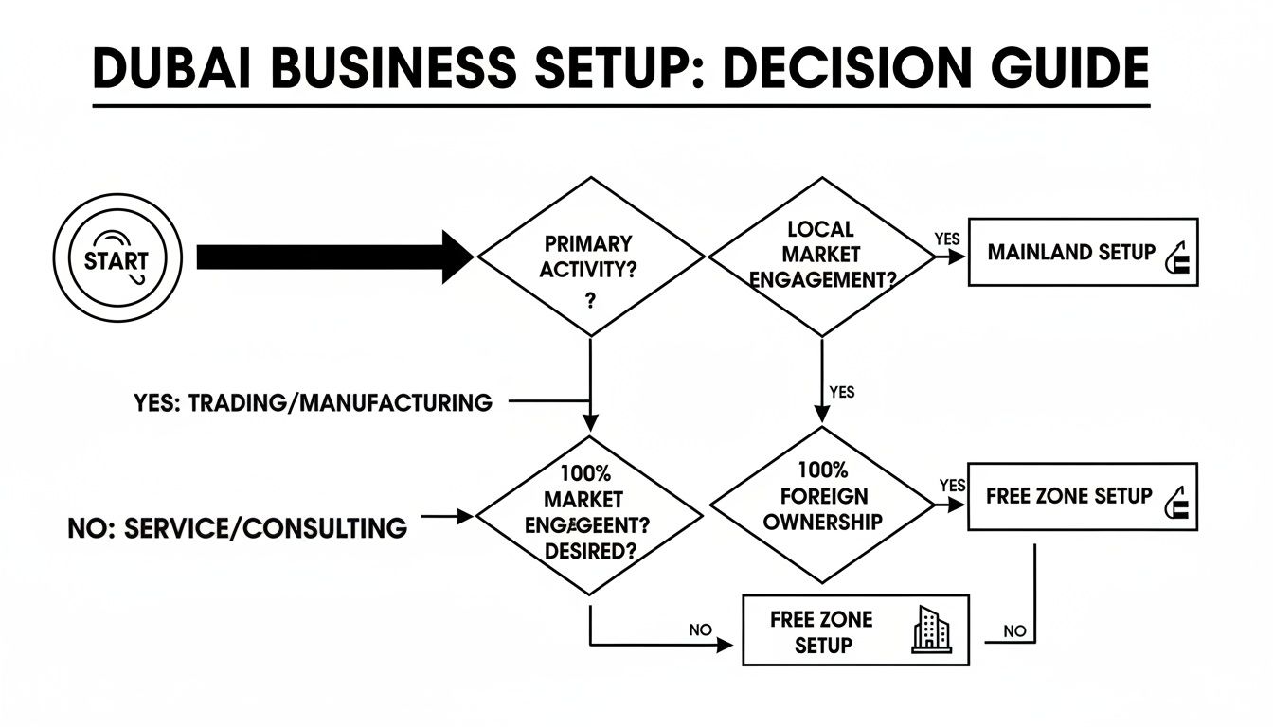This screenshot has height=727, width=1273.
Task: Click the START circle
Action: (117, 258)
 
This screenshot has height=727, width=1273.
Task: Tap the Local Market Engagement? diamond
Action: (820, 255)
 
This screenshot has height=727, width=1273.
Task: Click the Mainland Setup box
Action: (1082, 252)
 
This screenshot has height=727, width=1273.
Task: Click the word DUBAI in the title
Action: (180, 69)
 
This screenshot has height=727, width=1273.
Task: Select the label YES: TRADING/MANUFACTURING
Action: (313, 403)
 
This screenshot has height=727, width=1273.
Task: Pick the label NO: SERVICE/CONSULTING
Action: (237, 527)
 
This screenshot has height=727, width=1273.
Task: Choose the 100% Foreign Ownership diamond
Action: (820, 506)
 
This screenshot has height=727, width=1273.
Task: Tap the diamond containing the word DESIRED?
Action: (589, 516)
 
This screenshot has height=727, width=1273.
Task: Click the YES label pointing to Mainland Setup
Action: (947, 239)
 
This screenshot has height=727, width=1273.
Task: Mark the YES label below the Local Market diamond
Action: (841, 391)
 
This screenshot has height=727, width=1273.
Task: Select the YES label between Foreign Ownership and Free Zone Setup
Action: (951, 486)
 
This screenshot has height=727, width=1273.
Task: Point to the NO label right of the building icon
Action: (1013, 631)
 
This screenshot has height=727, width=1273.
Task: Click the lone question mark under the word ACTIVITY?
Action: (589, 301)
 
